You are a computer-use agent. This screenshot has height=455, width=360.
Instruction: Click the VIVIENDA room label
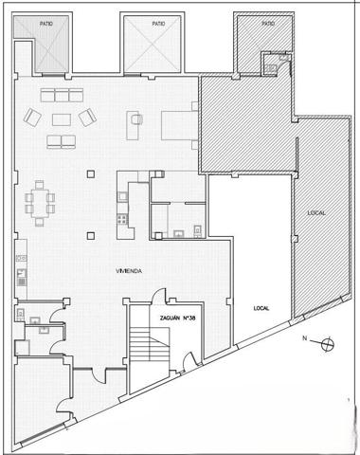(x=129, y=271)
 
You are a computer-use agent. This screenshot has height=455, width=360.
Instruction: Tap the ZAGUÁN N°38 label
(x=178, y=318)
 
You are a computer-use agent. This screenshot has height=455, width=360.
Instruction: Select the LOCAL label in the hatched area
(x=316, y=213)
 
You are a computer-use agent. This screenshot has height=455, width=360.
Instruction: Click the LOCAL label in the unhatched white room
(x=261, y=308)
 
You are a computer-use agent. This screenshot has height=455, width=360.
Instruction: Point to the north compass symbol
(x=328, y=344)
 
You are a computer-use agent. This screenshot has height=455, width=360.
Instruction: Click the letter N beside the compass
(x=304, y=338)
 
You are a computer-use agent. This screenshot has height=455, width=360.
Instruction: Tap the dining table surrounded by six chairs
(x=40, y=203)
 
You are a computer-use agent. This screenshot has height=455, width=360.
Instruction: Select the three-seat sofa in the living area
(x=62, y=95)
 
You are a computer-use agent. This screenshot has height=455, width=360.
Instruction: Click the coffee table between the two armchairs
(x=62, y=119)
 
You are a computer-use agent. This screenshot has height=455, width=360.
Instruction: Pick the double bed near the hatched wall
(x=179, y=125)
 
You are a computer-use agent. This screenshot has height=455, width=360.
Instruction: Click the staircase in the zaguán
(x=150, y=344)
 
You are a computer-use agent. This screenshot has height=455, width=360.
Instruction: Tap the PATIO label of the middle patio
(x=158, y=24)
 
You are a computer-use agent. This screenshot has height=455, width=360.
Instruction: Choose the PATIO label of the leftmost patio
(x=46, y=24)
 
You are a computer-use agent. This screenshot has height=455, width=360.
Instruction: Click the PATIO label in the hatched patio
(x=268, y=24)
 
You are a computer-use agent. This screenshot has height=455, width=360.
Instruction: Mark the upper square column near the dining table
(x=91, y=174)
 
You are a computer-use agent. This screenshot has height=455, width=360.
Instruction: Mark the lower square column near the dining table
(x=91, y=235)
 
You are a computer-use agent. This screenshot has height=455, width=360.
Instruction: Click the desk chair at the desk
(x=136, y=119)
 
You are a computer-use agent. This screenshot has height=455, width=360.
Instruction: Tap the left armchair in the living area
(x=32, y=118)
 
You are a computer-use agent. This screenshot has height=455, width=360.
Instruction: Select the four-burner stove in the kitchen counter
(x=122, y=219)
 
